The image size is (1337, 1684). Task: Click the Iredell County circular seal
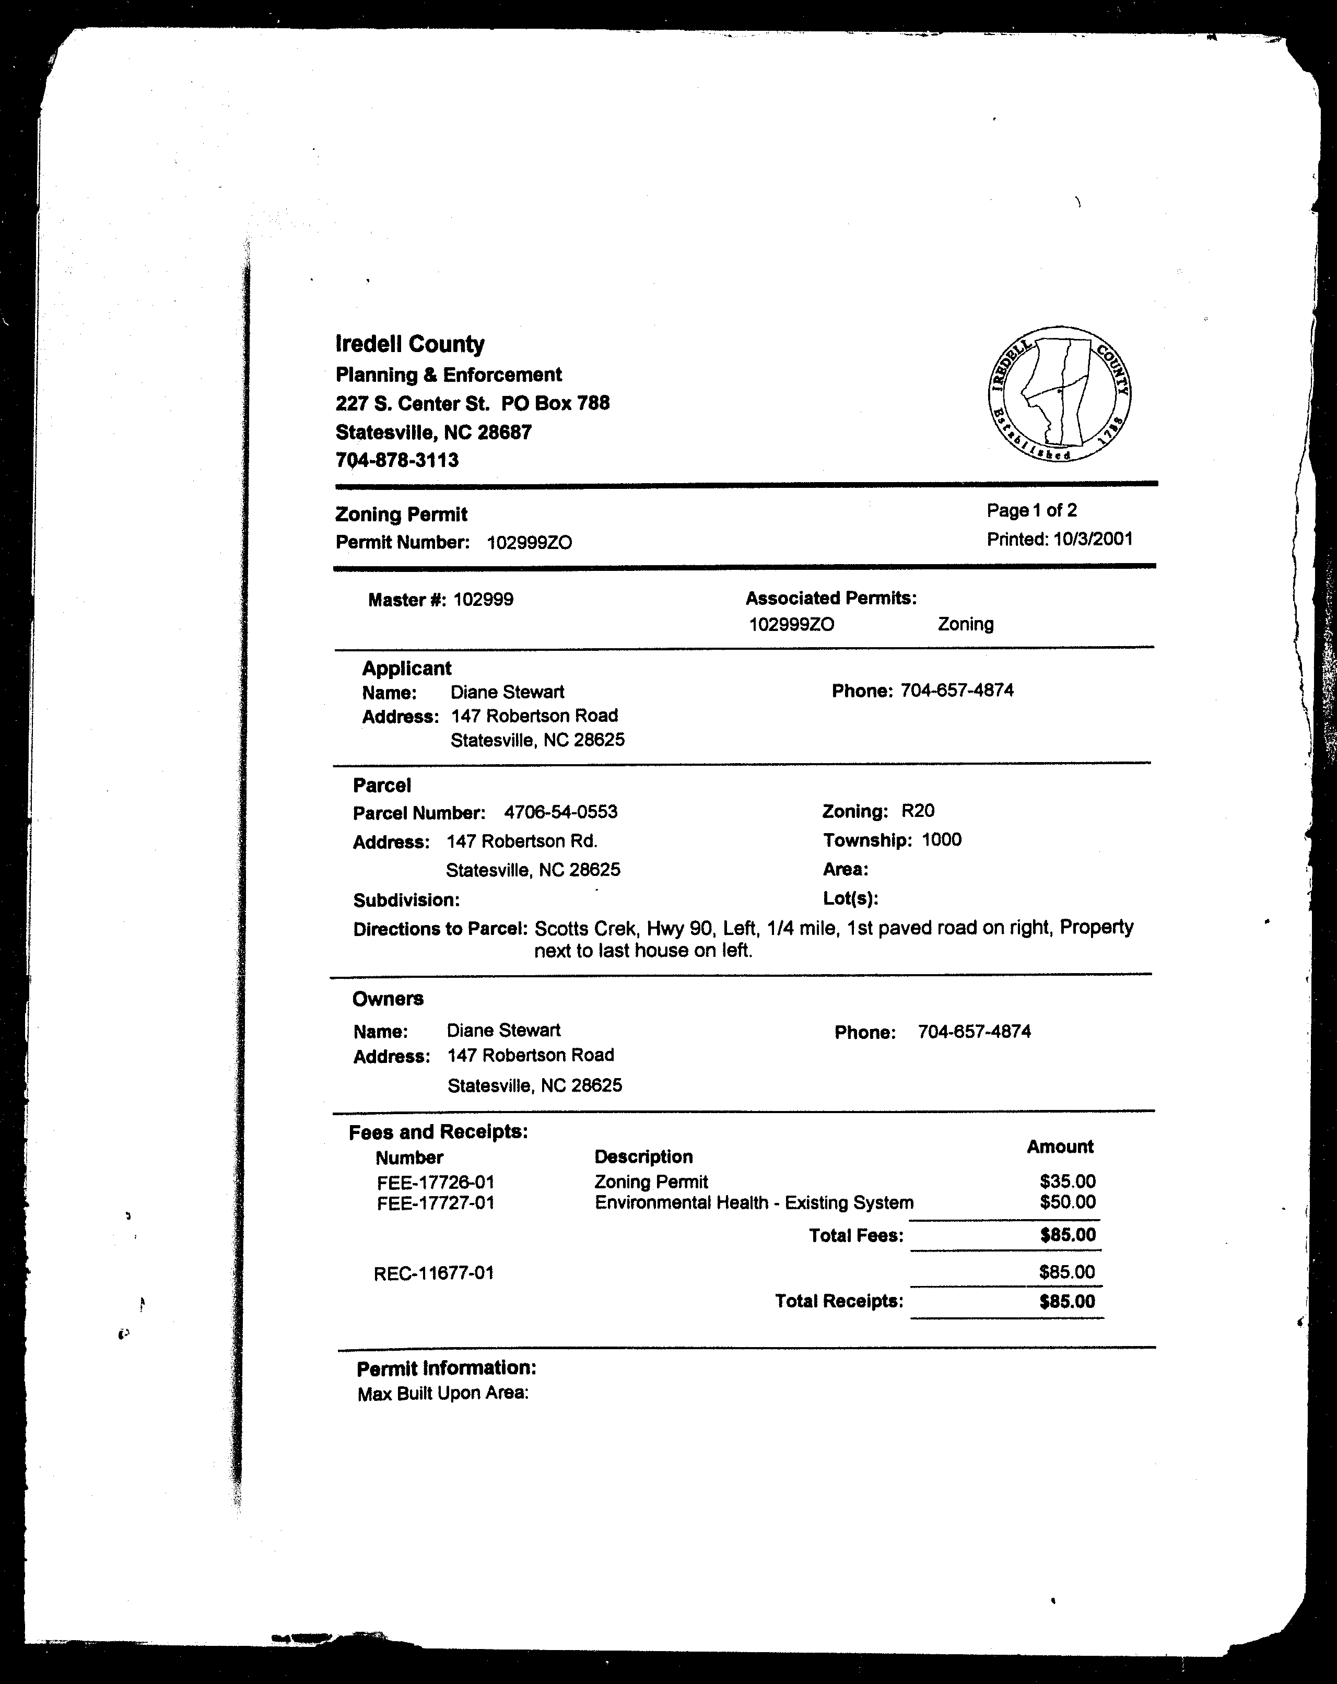[x=1059, y=394]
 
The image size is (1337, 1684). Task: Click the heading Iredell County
[x=410, y=344]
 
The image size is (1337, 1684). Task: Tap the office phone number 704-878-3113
[x=397, y=460]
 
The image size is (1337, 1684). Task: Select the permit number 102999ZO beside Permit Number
[x=530, y=543]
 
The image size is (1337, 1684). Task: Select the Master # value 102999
[x=484, y=600]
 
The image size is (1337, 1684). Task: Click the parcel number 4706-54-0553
[x=561, y=812]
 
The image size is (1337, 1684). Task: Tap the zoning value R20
[x=918, y=811]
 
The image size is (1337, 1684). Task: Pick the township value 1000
[x=941, y=840]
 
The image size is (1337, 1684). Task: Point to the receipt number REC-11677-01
[x=433, y=1273]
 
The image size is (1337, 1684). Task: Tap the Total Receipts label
[x=839, y=1301]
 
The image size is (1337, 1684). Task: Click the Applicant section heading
[x=406, y=669]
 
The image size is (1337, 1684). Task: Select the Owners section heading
[x=388, y=999]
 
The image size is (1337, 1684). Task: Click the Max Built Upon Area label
[x=443, y=1394]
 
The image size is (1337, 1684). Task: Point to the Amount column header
[x=1060, y=1147]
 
